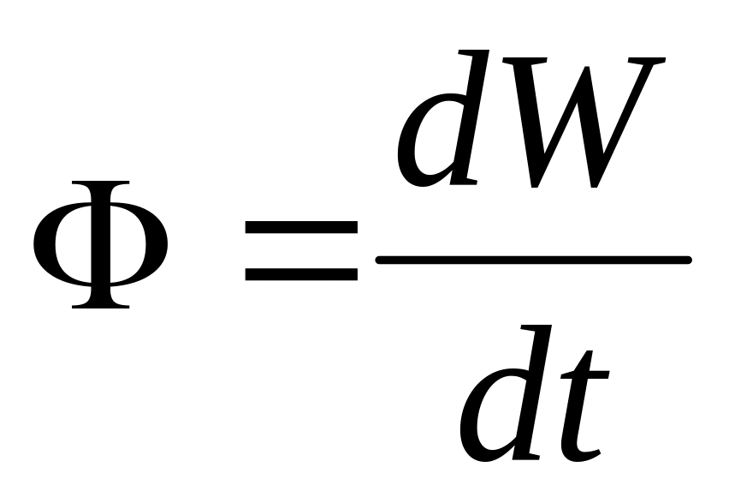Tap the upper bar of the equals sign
pos(300,228)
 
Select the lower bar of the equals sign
pos(300,274)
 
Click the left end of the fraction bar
pos(382,260)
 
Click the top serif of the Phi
pos(100,185)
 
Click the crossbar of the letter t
pos(587,375)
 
